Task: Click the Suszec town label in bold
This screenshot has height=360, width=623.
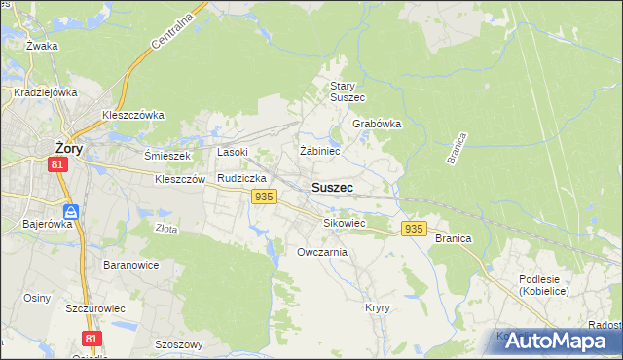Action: (332, 187)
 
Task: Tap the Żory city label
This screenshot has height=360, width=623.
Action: (67, 147)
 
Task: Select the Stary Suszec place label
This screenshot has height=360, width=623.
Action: (347, 91)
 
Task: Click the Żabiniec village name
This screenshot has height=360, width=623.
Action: (319, 151)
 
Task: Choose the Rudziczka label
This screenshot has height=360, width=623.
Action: (241, 179)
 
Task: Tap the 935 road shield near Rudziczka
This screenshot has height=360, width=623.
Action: (262, 198)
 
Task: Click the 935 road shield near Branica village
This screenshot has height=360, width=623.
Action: (413, 229)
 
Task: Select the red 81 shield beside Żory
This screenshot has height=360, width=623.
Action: (58, 165)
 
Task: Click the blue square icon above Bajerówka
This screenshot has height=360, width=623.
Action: (71, 211)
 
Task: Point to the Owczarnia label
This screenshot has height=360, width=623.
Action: (321, 252)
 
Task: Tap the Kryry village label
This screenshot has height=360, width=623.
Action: (378, 307)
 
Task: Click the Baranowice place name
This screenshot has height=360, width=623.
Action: (130, 265)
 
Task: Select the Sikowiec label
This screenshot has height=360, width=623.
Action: (344, 223)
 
